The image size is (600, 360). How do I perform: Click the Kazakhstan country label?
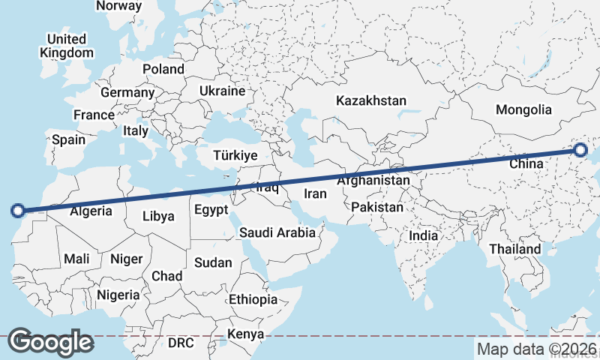[370, 100]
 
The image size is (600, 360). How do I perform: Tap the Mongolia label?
[523, 109]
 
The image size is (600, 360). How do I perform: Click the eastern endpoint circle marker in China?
[580, 150]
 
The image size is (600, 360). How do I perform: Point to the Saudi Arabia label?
[277, 232]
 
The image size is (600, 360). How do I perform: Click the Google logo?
[50, 342]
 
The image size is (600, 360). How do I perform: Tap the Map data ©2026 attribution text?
[537, 349]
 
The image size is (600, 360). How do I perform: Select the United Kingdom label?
[67, 46]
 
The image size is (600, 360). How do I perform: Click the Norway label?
[118, 6]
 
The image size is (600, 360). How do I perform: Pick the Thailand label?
[515, 249]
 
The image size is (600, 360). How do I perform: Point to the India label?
[423, 235]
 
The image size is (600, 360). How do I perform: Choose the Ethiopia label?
[253, 299]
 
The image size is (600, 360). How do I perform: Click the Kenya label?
[245, 333]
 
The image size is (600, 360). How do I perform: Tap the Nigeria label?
[118, 295]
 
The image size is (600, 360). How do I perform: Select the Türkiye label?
[235, 155]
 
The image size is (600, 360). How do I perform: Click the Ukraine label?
[222, 91]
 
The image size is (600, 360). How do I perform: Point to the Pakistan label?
[377, 207]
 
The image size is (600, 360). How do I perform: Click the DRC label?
[181, 343]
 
